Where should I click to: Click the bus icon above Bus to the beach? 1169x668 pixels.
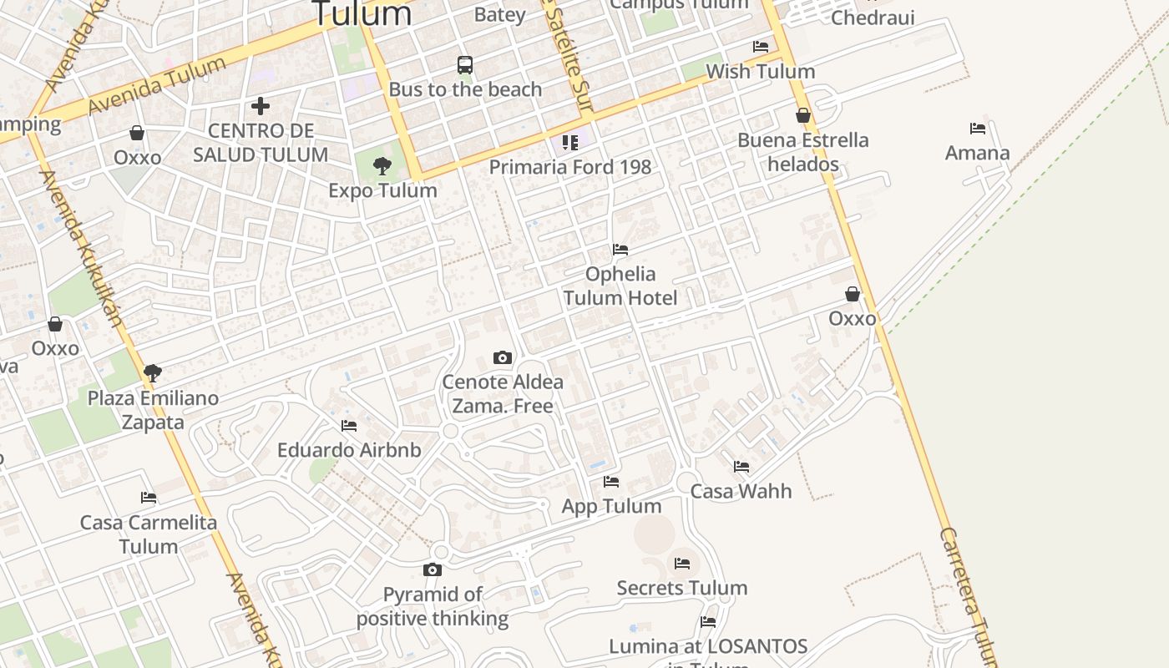(465, 64)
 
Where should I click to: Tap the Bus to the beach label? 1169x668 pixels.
(465, 89)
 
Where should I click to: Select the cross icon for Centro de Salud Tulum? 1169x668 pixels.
(261, 106)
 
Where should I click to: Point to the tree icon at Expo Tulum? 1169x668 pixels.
(382, 166)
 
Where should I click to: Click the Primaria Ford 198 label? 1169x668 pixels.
(569, 166)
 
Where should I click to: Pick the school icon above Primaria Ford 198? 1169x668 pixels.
(570, 142)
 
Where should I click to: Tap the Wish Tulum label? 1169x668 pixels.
(760, 71)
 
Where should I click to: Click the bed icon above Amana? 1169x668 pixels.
(978, 129)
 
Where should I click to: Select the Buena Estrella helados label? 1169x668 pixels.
(802, 152)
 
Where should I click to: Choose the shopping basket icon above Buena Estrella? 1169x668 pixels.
(803, 115)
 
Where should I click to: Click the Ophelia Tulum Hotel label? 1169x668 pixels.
(620, 286)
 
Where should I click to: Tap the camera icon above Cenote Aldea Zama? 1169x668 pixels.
(502, 358)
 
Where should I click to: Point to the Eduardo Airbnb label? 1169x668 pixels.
(349, 450)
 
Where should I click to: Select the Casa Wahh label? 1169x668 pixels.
(741, 491)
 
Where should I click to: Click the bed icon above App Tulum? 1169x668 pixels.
(611, 482)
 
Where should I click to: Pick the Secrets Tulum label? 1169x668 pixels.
(681, 588)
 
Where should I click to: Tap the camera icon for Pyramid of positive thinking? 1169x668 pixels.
(432, 570)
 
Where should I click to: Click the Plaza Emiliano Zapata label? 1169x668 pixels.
(153, 410)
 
